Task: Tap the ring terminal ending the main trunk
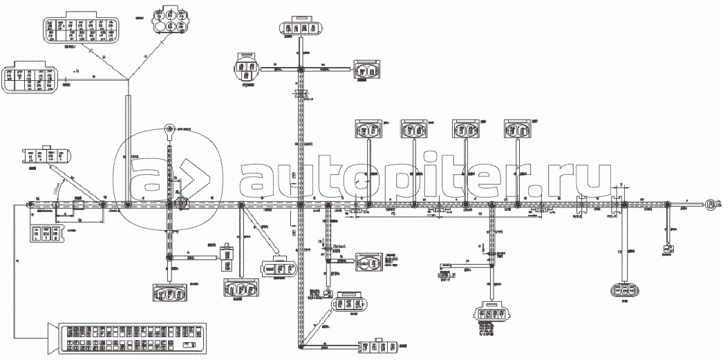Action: coord(709,204)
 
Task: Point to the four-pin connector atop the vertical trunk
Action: coord(301,28)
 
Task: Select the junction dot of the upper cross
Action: coord(301,69)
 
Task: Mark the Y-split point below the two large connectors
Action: coord(129,77)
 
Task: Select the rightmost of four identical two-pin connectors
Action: coord(518,129)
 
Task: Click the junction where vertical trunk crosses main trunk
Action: coord(301,205)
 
